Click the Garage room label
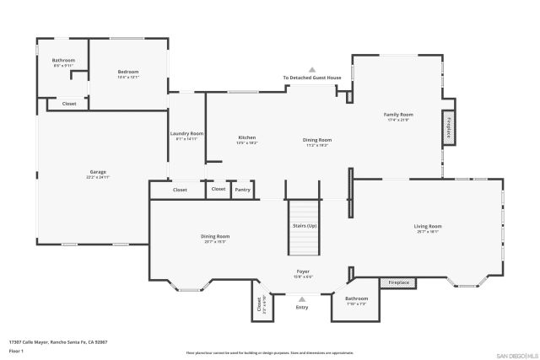point(98,173)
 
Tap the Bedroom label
point(127,73)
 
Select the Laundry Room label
point(186,134)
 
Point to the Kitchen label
point(246,138)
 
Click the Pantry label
point(243,190)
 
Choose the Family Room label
point(398,115)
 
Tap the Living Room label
point(428,226)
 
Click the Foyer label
point(302,271)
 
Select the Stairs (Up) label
point(305,226)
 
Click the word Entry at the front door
point(302,307)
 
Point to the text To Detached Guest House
point(311,78)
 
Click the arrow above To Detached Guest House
point(311,69)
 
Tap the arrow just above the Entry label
point(302,298)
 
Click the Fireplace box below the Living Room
point(398,282)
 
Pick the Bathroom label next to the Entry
point(356,298)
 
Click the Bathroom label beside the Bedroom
point(63,61)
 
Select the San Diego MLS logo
point(516,355)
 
